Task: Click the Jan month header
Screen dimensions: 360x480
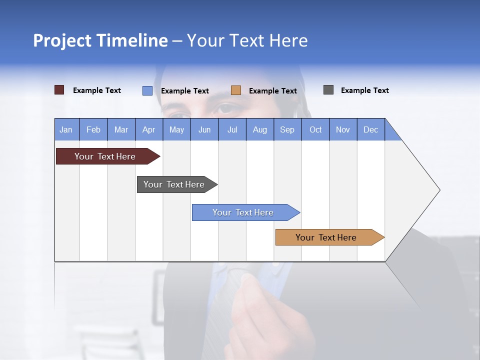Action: [66, 129]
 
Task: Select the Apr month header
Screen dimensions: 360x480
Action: [148, 129]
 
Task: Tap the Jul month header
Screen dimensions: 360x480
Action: [232, 129]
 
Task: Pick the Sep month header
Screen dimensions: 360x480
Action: [287, 129]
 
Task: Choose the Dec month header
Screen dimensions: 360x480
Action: [370, 129]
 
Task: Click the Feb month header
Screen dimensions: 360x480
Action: [93, 129]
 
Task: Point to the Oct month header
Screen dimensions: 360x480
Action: [315, 129]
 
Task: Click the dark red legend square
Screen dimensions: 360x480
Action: [59, 90]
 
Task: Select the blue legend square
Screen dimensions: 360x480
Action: [147, 90]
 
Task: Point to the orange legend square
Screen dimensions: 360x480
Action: [236, 90]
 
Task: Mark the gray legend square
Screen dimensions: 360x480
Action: [328, 90]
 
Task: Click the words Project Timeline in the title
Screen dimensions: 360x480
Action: [100, 40]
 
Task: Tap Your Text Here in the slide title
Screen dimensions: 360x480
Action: [247, 40]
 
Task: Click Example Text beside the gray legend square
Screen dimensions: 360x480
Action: [364, 90]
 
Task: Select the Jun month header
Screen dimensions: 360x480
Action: [204, 129]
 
